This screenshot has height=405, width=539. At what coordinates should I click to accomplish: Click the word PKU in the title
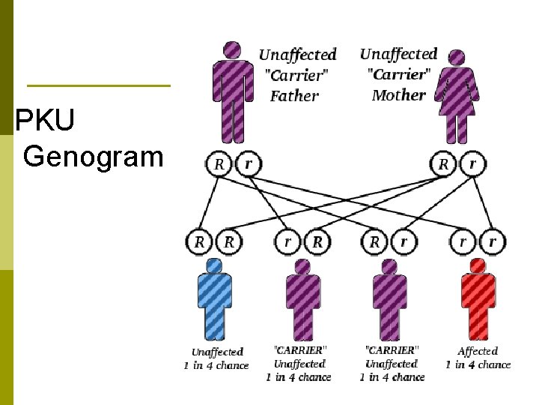pos(44,121)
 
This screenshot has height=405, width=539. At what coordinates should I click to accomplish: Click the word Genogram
pos(93,157)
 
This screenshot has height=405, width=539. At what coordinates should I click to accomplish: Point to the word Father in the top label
pos(294,96)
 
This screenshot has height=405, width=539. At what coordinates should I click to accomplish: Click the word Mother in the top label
pos(398,95)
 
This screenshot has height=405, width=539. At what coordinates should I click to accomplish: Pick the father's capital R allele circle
pos(219,163)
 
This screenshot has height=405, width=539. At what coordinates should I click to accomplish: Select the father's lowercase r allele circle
pos(248,163)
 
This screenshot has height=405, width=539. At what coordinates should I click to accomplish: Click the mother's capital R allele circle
pos(444,163)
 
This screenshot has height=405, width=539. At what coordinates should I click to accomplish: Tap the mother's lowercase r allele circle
pos(472,163)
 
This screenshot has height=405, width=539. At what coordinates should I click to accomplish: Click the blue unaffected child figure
pos(214,300)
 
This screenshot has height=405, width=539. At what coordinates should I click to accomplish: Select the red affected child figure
pos(478,300)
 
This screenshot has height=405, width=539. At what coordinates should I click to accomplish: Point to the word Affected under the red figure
pos(478,351)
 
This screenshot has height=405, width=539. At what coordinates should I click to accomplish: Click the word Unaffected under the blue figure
pos(217,352)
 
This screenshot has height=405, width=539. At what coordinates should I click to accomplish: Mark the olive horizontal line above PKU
pos(98,85)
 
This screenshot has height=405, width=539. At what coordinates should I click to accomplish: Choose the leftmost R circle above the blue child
pos(200,241)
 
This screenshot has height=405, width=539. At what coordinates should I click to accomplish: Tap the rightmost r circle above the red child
pos(493,241)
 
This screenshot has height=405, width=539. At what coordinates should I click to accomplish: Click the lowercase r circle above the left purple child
pos(288,241)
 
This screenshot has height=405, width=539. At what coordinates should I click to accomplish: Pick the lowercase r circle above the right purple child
pos(404,241)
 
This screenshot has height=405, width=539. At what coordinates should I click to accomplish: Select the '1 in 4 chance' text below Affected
pos(478,364)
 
